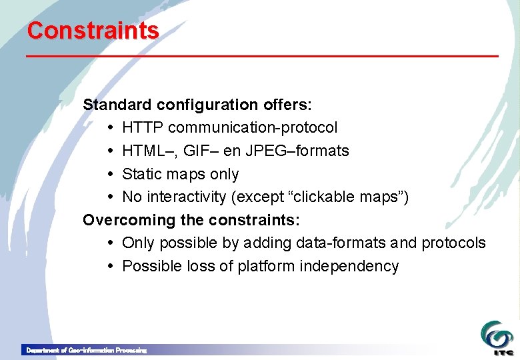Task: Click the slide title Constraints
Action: [93, 31]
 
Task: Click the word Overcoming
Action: [126, 220]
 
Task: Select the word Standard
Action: [117, 105]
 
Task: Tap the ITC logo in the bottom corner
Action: [497, 337]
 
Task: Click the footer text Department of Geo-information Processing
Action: [85, 350]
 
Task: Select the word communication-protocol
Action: [252, 127]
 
